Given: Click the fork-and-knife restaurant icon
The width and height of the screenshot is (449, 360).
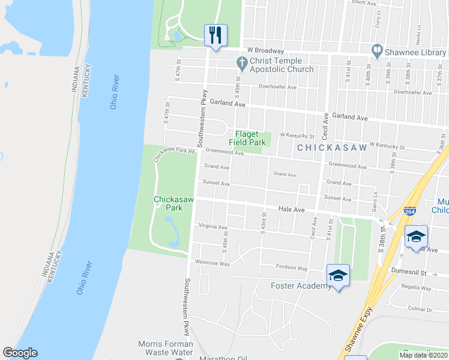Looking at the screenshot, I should click(x=215, y=35).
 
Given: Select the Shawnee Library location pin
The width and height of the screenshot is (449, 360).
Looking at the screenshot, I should click(x=377, y=53).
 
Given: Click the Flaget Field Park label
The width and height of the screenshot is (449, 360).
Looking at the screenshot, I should click(x=250, y=139).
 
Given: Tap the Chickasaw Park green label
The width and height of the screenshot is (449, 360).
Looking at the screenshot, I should click(x=172, y=203).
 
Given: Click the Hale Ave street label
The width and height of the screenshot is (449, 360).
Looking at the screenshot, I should click(x=292, y=209).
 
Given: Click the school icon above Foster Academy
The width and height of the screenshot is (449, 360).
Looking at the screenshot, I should click(x=338, y=275).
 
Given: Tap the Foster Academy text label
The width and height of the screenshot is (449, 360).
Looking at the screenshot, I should click(x=301, y=286).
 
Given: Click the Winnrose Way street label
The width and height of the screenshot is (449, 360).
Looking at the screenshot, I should click(x=212, y=263).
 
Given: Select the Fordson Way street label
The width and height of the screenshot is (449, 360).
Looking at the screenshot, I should click(x=291, y=268).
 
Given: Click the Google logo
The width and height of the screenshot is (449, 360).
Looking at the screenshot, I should click(x=20, y=353).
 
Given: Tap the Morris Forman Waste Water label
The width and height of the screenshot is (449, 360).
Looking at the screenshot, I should click(x=166, y=348).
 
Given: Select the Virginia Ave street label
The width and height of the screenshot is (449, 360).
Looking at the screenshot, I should click(x=213, y=227).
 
